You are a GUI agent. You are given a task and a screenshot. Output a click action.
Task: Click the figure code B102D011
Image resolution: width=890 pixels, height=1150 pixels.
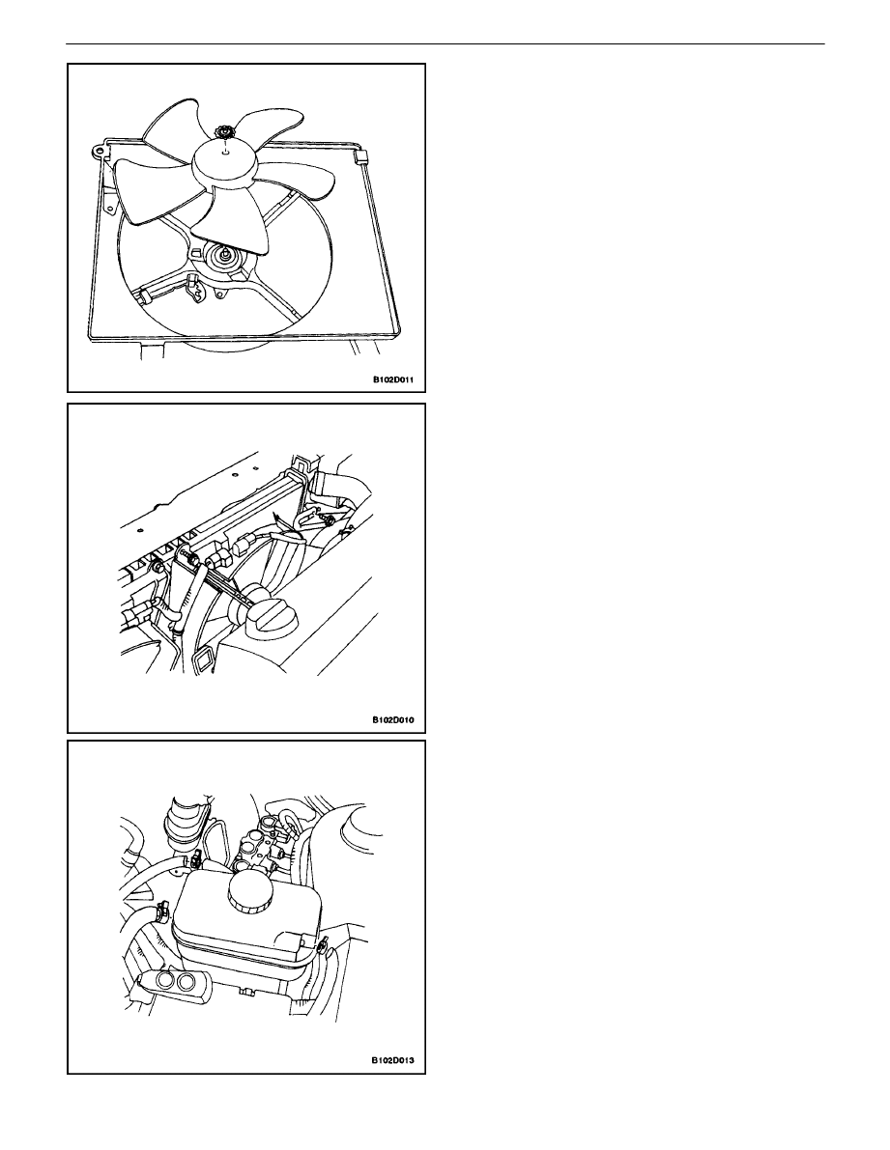click(x=392, y=380)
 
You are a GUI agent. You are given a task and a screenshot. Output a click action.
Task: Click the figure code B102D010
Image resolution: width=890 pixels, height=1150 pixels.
click(x=392, y=719)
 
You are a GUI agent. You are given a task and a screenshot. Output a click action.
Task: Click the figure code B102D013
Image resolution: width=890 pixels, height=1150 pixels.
click(x=392, y=1060)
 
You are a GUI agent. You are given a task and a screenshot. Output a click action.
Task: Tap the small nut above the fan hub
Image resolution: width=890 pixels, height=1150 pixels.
click(x=222, y=132)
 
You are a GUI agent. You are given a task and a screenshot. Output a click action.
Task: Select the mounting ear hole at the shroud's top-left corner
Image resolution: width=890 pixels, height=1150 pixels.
click(x=98, y=151)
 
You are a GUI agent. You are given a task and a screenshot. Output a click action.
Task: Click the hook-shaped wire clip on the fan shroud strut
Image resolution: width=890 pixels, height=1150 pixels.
click(x=196, y=289)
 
